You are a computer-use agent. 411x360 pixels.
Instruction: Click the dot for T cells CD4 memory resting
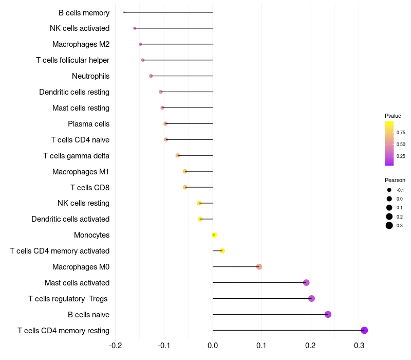click(364, 330)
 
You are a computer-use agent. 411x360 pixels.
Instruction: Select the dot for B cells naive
click(328, 314)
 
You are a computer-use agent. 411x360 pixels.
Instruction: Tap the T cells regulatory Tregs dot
click(311, 298)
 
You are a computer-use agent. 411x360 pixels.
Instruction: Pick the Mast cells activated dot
click(306, 282)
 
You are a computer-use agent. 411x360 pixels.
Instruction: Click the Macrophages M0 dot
click(259, 266)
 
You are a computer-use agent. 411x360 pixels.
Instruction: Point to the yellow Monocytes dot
click(214, 235)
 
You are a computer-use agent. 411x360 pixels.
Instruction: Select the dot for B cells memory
click(124, 12)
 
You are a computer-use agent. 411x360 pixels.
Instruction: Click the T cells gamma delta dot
click(178, 155)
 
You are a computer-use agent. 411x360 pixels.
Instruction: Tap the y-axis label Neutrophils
click(90, 76)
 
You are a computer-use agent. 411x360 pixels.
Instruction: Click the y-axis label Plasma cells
click(88, 124)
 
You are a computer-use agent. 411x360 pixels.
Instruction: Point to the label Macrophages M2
click(81, 44)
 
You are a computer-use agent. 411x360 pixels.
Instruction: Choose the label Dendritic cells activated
click(70, 219)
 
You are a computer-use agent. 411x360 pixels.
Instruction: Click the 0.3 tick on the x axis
click(359, 344)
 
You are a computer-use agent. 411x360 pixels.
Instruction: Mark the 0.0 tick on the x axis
click(213, 344)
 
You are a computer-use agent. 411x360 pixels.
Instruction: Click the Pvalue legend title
click(393, 116)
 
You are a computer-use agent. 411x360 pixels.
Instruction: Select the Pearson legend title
click(395, 180)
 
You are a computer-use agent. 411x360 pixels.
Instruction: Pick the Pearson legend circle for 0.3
click(389, 225)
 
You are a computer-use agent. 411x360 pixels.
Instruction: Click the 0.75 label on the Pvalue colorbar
click(401, 132)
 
